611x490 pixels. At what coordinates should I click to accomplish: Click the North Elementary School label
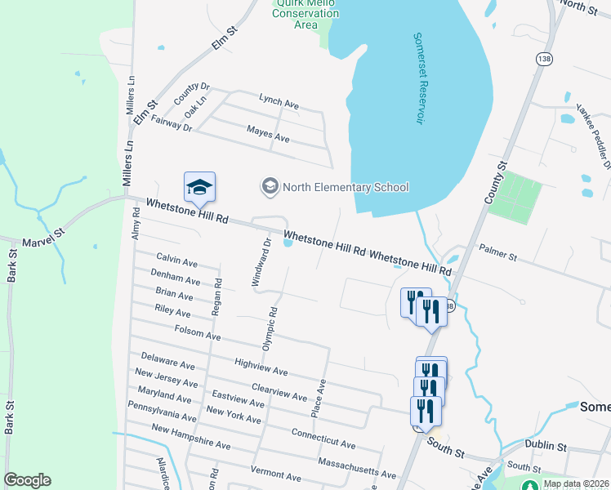click(x=345, y=187)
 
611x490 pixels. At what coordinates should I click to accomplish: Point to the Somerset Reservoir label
click(x=419, y=78)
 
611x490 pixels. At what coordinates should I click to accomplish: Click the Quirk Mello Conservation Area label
click(x=305, y=14)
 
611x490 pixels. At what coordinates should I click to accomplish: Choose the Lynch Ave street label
click(x=279, y=102)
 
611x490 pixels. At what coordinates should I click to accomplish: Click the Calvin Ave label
click(x=177, y=262)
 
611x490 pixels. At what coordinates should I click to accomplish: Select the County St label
click(x=496, y=183)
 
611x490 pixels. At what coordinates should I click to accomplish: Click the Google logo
click(x=27, y=480)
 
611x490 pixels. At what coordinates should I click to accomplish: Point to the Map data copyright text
click(x=575, y=483)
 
